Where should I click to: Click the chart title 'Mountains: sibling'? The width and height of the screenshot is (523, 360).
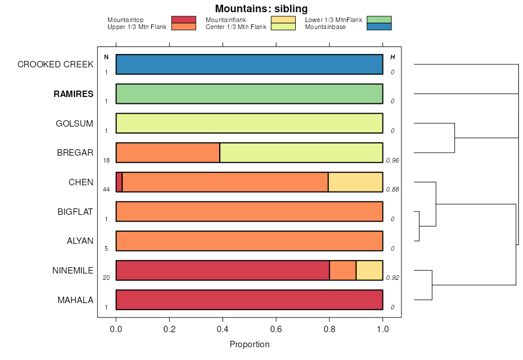[x=261, y=9]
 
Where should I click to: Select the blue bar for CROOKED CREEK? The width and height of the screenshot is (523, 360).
[x=249, y=64]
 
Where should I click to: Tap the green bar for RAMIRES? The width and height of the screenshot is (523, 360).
[x=249, y=93]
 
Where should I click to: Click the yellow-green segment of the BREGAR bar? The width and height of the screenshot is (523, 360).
[x=301, y=153]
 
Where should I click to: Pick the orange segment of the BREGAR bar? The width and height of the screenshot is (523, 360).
[x=168, y=153]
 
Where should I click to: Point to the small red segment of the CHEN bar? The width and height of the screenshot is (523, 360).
[x=119, y=182]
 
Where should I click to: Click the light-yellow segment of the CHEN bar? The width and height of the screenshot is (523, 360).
[x=355, y=182]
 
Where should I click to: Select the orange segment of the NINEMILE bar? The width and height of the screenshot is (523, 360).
[x=343, y=270]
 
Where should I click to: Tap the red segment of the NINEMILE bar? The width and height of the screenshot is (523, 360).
[x=223, y=270]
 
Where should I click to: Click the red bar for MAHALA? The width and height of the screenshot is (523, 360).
[x=249, y=300]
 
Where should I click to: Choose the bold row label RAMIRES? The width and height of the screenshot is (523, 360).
[x=73, y=94]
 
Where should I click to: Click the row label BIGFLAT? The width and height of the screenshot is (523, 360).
[x=75, y=211]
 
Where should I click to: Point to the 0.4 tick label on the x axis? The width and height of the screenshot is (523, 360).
[x=223, y=328]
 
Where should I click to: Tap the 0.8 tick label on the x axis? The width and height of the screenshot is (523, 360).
[x=329, y=328]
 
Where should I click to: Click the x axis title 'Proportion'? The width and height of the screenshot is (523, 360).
[x=249, y=344]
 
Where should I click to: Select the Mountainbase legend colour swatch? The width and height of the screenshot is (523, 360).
[x=379, y=26]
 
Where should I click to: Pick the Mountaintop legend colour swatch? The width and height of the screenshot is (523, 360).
[x=184, y=20]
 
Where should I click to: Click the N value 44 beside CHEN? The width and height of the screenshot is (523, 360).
[x=106, y=189]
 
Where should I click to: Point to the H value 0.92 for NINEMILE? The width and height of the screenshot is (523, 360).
[x=393, y=278]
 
